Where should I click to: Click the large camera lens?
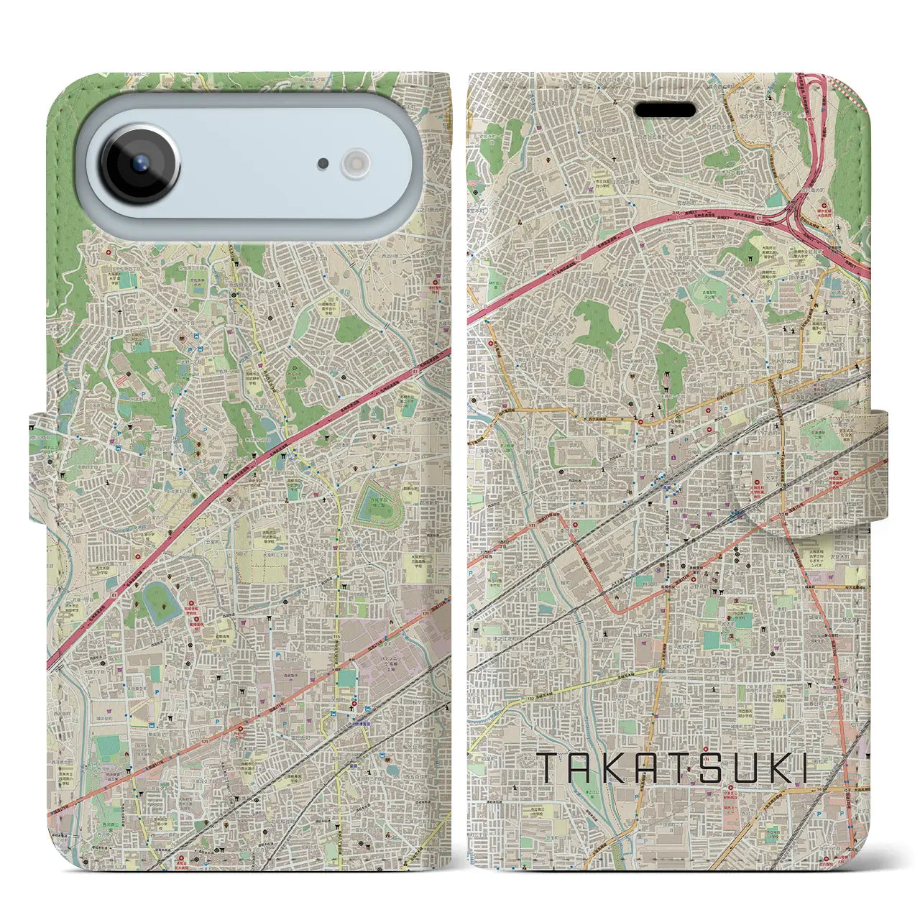[x=140, y=162]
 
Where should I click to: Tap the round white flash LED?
[x=354, y=163]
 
